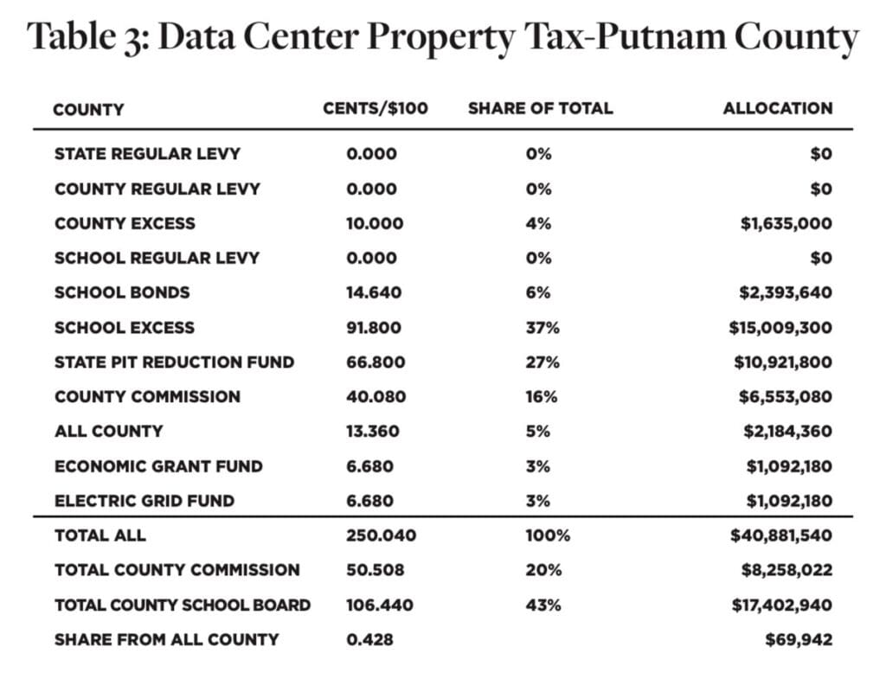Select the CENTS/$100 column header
[376, 108]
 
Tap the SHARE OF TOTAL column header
[540, 108]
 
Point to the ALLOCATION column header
[778, 108]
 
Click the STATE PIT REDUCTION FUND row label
[174, 362]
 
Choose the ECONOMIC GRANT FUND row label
[158, 466]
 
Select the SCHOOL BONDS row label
[122, 292]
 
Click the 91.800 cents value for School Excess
[374, 328]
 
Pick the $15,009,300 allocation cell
[780, 328]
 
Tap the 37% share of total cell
[543, 328]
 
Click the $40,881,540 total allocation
[781, 535]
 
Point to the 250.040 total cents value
[381, 535]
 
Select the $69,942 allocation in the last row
[799, 639]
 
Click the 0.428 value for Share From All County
[369, 639]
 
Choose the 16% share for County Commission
[542, 397]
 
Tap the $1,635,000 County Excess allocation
[786, 224]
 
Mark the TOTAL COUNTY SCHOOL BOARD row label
[183, 606]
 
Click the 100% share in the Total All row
[548, 535]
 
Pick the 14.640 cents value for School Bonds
[374, 292]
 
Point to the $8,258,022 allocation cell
[786, 570]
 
